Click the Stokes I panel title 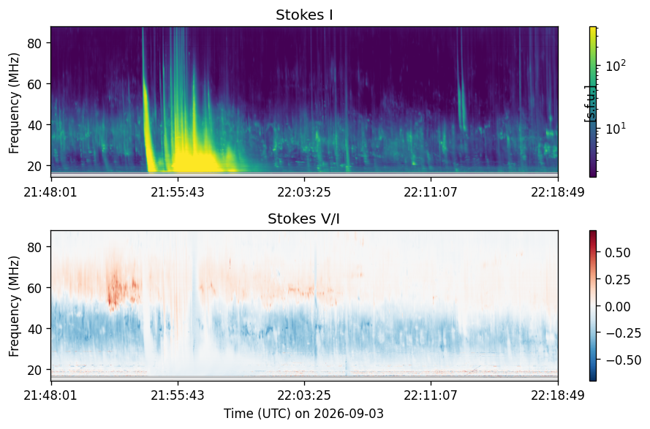click(x=304, y=15)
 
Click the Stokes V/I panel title click(x=304, y=219)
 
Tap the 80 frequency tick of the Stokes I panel click(x=36, y=42)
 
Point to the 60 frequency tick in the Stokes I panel click(x=36, y=84)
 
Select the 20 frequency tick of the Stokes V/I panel click(x=36, y=370)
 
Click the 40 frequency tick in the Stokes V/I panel click(x=36, y=329)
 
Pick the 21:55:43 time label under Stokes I click(x=178, y=192)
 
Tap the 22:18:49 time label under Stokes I click(x=558, y=192)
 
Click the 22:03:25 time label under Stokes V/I click(x=304, y=395)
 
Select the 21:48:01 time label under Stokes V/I click(x=50, y=395)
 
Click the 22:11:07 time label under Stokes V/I click(x=431, y=395)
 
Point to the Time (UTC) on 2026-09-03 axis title click(x=304, y=414)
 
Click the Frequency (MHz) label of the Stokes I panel click(x=14, y=103)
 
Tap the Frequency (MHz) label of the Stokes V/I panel click(x=14, y=306)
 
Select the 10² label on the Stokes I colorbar click(x=616, y=66)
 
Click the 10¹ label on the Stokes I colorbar click(x=616, y=129)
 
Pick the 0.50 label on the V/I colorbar click(x=618, y=253)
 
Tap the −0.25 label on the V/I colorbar click(x=621, y=333)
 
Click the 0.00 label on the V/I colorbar click(x=618, y=307)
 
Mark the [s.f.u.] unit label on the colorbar click(x=589, y=104)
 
